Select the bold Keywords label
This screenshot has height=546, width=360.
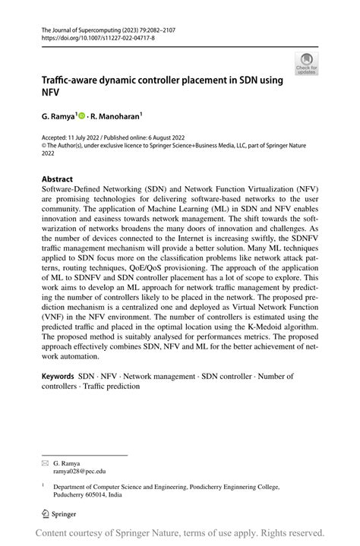58,376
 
